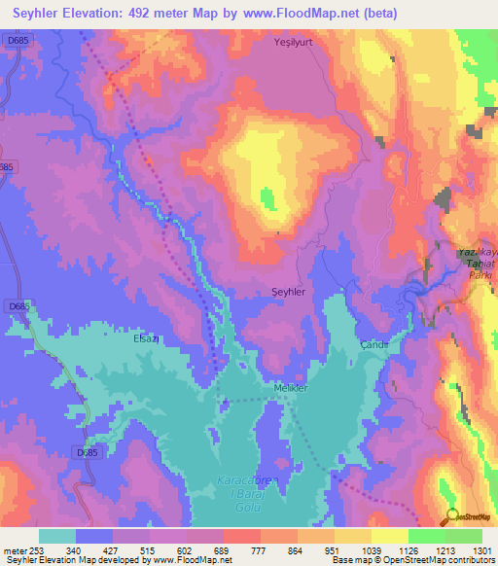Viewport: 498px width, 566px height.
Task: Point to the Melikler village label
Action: click(x=289, y=388)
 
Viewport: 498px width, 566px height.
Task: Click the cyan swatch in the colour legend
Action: click(x=57, y=535)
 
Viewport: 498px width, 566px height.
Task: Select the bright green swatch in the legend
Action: click(x=426, y=535)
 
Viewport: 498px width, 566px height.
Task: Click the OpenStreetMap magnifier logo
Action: click(x=450, y=515)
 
